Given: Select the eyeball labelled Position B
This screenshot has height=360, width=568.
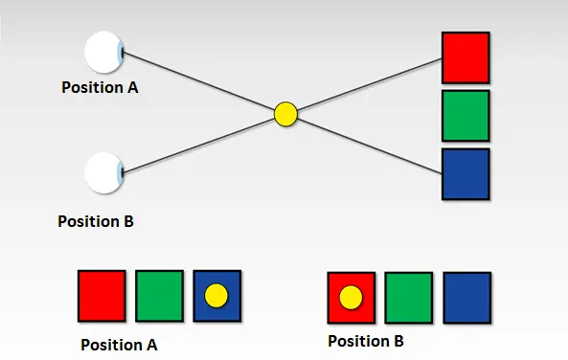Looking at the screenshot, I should [x=103, y=173].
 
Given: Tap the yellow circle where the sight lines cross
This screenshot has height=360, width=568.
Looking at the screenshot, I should [x=285, y=115].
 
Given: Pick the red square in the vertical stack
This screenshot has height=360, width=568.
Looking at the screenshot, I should [x=466, y=57].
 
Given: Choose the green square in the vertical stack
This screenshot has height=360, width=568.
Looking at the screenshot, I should [x=466, y=116].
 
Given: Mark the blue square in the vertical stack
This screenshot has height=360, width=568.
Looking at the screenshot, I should [x=466, y=173].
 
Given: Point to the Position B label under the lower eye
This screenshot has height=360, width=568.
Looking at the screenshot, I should [x=96, y=221].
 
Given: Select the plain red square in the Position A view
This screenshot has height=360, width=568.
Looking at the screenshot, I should [x=102, y=295].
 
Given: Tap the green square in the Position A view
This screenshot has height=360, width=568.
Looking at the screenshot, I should [x=159, y=295].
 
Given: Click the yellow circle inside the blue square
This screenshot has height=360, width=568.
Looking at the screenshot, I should [x=217, y=296].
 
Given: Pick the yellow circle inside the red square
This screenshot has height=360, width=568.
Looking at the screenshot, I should [x=352, y=299].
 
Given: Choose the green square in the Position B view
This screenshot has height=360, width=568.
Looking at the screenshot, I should [x=409, y=298].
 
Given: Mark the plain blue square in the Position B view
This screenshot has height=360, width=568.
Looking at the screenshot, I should [x=466, y=298].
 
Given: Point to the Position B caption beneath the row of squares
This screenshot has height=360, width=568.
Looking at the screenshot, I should [x=367, y=341].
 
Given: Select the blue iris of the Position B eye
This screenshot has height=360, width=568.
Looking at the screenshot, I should [x=121, y=173].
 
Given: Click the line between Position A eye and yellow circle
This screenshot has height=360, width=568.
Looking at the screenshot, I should [x=201, y=82].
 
